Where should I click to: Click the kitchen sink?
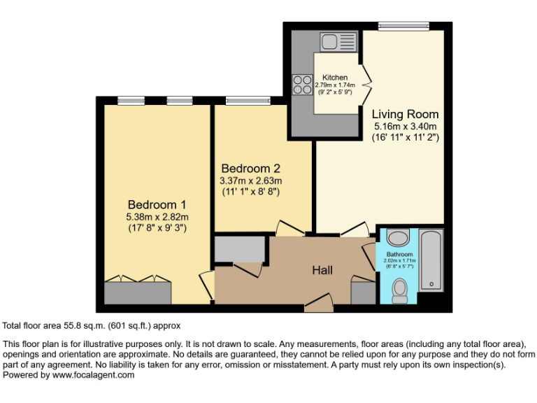click(x=338, y=41)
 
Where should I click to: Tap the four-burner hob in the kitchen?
click(x=303, y=85)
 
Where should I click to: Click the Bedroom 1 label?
click(x=157, y=204)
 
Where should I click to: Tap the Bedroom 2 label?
click(x=250, y=169)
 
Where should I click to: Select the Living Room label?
click(x=405, y=114)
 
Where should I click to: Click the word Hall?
click(x=322, y=270)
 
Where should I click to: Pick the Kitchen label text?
click(x=335, y=78)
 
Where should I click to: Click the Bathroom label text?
click(x=399, y=254)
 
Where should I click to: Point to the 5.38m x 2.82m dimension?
click(x=157, y=216)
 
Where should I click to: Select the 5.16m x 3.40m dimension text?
click(x=405, y=127)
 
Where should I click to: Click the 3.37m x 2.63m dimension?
click(x=250, y=181)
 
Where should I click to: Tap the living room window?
click(x=404, y=27)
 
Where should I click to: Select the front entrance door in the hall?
click(x=318, y=305)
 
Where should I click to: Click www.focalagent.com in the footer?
click(x=94, y=375)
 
